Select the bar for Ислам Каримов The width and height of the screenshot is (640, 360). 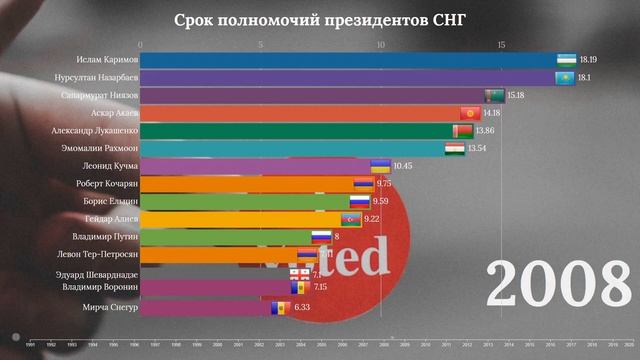click(350, 60)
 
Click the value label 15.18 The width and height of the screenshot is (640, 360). click(516, 95)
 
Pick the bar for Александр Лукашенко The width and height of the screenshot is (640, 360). click(300, 130)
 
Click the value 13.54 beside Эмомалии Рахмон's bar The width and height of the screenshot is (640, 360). click(475, 149)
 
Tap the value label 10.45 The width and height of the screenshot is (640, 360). click(402, 166)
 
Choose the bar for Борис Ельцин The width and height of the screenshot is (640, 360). click(250, 202)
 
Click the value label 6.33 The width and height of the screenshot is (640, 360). click(303, 308)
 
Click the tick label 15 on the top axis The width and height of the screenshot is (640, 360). click(501, 44)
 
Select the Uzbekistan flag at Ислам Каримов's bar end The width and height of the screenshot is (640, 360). click(566, 60)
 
